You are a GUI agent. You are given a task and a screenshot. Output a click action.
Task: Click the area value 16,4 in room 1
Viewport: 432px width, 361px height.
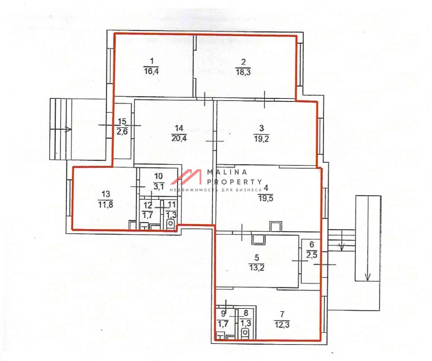[x=151, y=71]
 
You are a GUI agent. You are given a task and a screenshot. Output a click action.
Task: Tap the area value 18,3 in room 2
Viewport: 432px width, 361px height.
[x=243, y=72]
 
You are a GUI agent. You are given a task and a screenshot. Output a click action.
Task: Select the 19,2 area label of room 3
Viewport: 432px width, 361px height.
[x=262, y=138]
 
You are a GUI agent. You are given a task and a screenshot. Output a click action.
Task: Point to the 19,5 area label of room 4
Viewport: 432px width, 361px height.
[x=266, y=198]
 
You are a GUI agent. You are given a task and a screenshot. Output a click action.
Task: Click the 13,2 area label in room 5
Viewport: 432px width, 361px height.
[x=257, y=268]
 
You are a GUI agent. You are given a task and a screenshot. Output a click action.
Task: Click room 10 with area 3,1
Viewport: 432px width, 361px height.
[x=159, y=182]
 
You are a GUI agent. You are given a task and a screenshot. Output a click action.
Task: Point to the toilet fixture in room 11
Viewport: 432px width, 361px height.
[x=171, y=224]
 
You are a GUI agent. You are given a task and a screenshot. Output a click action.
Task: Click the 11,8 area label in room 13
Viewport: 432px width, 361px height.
[x=105, y=204]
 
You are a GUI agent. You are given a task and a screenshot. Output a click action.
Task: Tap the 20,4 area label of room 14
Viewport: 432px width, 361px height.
[x=179, y=138]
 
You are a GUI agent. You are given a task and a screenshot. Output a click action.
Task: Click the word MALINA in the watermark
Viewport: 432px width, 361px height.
[x=227, y=172]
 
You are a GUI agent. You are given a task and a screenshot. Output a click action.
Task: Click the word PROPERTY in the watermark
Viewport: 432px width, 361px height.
[x=234, y=182]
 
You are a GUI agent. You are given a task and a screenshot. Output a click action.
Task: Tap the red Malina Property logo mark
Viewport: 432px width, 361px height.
[x=186, y=176]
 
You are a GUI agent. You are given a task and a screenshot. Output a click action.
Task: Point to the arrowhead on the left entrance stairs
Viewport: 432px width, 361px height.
[x=68, y=129]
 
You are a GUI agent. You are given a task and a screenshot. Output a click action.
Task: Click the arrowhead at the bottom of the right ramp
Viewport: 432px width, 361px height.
[x=368, y=276]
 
